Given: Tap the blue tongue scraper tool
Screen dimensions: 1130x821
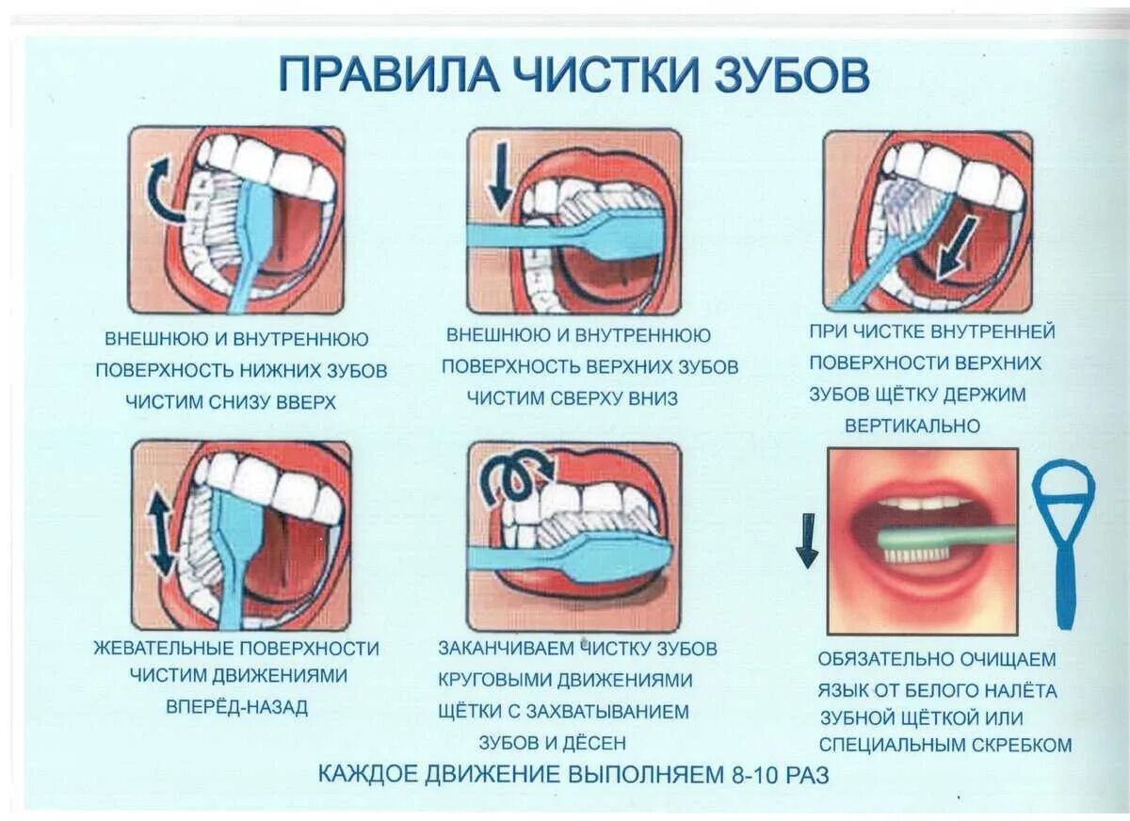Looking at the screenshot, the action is [x=1064, y=537].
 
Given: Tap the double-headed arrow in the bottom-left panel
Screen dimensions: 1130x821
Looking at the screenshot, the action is [x=161, y=533].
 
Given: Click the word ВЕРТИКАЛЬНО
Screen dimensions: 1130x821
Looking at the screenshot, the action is [x=912, y=426].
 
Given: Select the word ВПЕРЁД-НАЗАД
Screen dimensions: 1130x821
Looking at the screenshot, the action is [x=236, y=707].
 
